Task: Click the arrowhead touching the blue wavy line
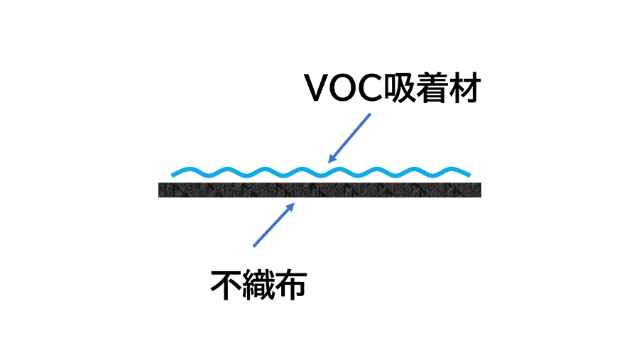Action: [x=331, y=158]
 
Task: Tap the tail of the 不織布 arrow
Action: [x=253, y=246]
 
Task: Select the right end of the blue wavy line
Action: [x=469, y=173]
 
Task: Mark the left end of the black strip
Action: [x=160, y=190]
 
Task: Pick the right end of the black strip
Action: [x=480, y=190]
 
